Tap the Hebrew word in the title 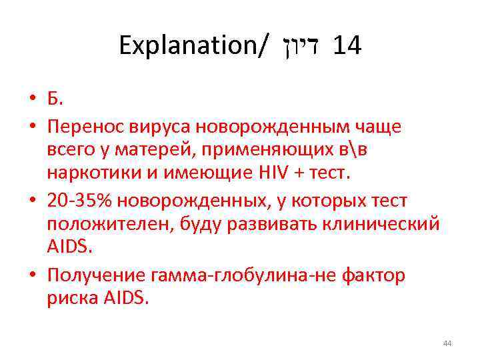(x=299, y=46)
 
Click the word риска (x=69, y=297)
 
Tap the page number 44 (x=447, y=343)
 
